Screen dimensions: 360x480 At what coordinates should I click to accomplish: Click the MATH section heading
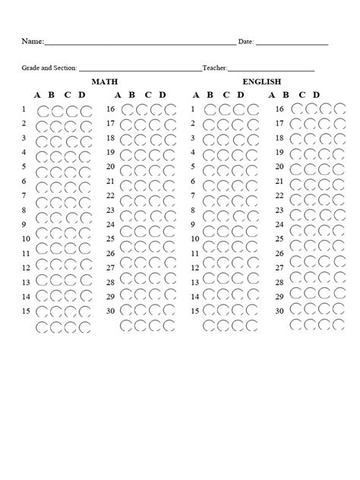click(105, 81)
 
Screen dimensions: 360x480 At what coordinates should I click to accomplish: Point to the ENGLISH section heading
click(262, 81)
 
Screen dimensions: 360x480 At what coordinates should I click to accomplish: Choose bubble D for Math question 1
click(84, 110)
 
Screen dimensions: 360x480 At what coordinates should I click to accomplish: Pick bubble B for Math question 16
click(141, 110)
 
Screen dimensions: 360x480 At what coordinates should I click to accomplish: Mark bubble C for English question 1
click(237, 110)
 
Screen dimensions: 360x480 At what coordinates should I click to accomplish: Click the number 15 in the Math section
click(25, 311)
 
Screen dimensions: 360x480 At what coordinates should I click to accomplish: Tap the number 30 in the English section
click(279, 311)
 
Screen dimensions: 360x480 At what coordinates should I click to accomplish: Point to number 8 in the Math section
click(24, 210)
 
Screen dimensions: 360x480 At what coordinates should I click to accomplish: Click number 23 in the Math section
click(110, 210)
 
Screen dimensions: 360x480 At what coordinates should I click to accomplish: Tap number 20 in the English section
click(279, 166)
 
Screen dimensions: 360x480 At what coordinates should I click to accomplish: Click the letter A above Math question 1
click(37, 95)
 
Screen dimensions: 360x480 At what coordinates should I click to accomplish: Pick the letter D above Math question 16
click(162, 95)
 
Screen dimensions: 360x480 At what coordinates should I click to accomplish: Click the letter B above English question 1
click(210, 95)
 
